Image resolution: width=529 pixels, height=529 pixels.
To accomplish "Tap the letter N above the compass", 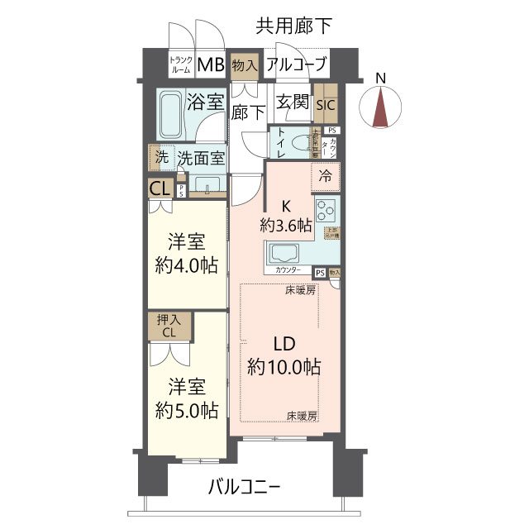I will point(380,78).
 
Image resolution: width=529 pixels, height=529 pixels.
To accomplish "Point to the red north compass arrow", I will point(380,108).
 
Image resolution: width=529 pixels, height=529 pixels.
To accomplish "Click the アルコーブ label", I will point(296,64).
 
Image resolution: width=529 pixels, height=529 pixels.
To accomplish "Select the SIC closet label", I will point(326,105).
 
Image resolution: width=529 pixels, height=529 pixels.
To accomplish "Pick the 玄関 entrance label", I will point(292,102).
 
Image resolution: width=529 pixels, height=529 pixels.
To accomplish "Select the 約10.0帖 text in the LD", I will point(284,367).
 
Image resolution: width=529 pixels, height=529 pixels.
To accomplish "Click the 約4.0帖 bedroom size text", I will point(188,265).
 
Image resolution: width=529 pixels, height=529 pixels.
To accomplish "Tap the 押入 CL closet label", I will point(169,326).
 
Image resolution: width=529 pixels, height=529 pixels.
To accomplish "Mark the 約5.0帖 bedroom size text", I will point(188,410).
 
